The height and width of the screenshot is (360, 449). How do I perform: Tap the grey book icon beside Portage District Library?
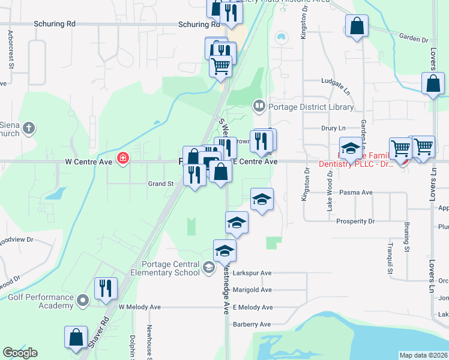coord(259,107)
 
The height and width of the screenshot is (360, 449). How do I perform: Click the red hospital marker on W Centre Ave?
coord(123,159)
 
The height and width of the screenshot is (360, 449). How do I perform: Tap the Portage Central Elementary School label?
coord(170,268)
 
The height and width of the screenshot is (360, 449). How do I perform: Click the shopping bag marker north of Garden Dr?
coord(357,26)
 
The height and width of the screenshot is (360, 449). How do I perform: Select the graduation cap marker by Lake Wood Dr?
coord(351,148)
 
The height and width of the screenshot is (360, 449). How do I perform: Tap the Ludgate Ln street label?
coord(335,80)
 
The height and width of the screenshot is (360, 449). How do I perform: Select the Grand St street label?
coord(160,184)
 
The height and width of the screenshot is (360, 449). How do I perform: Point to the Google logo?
coord(20,353)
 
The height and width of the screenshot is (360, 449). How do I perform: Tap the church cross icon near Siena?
coord(29,128)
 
